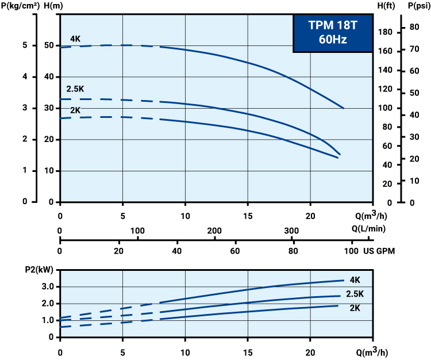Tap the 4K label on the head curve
(75, 39)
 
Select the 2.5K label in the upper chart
(75, 89)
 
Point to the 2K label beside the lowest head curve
(75, 110)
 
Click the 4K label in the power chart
(354, 280)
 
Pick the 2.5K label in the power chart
(355, 294)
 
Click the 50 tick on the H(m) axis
(49, 45)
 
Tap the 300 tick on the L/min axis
(291, 231)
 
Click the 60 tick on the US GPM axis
(235, 251)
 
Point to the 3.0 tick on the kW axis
(48, 286)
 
